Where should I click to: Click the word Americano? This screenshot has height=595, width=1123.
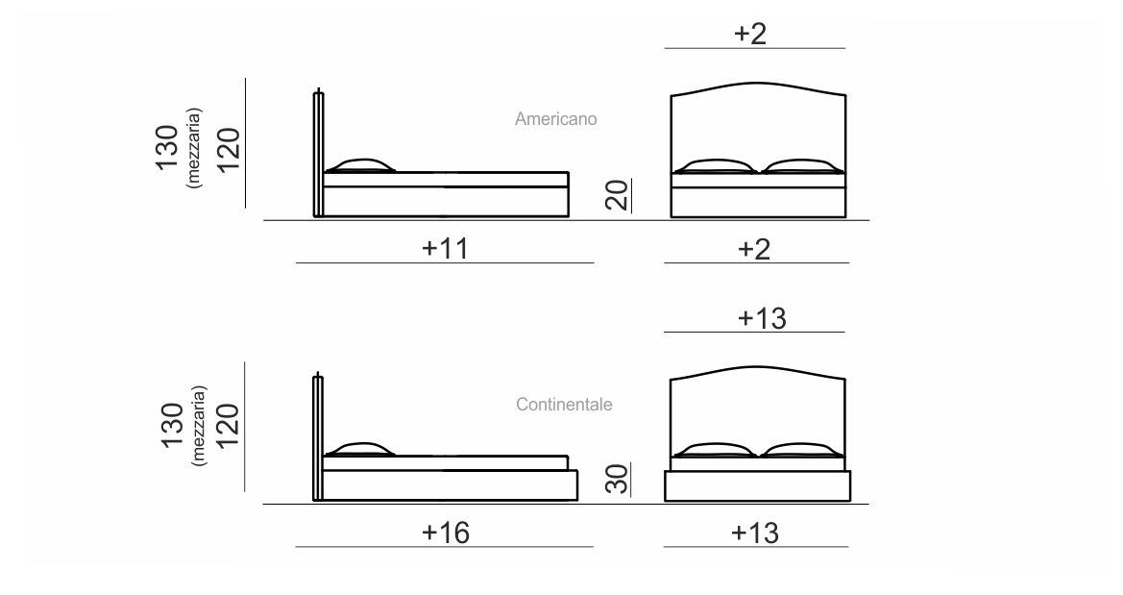click(x=556, y=119)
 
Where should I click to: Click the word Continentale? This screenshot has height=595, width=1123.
click(x=564, y=405)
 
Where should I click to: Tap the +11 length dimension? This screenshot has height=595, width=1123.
click(x=446, y=248)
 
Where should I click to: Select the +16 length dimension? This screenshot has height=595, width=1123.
click(x=446, y=533)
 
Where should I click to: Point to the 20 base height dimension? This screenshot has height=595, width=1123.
click(x=617, y=194)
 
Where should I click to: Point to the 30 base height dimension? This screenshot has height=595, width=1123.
click(x=617, y=478)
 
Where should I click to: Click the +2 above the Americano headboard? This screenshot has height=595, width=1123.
click(x=750, y=34)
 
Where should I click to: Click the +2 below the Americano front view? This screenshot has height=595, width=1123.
click(x=754, y=250)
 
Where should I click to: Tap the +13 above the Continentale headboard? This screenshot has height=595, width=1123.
click(x=762, y=318)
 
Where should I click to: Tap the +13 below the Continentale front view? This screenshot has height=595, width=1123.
click(x=755, y=533)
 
